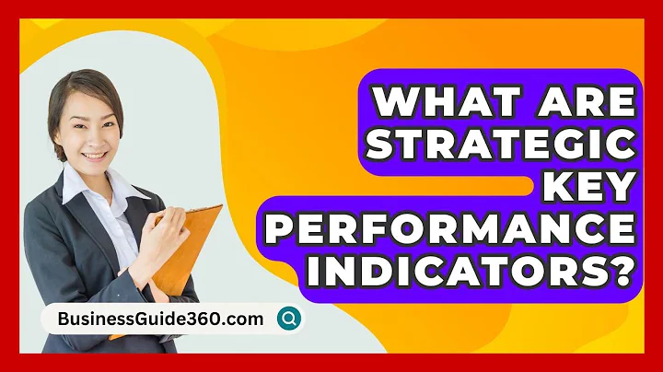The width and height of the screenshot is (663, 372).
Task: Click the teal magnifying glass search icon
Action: pos(290,319)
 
